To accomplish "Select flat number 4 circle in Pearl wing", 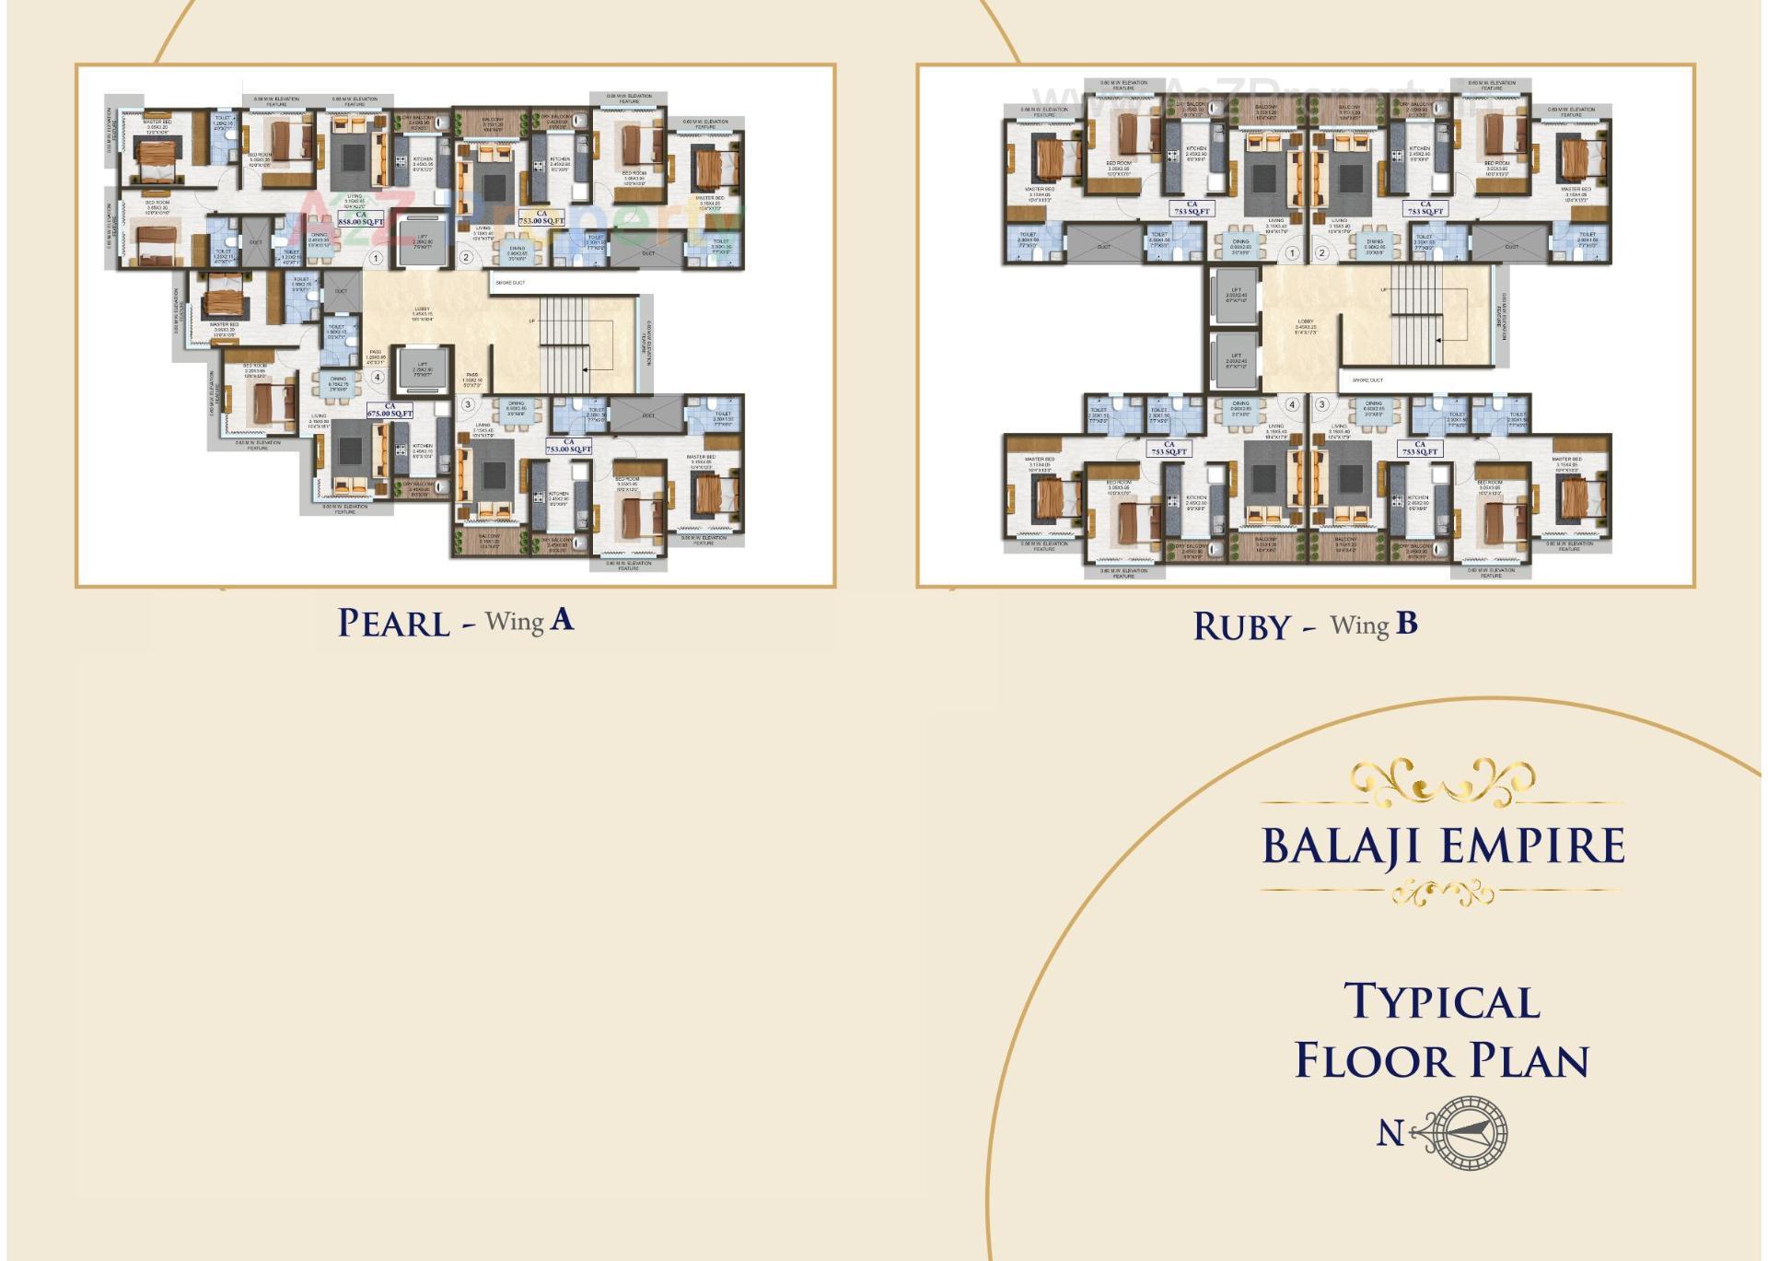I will pyautogui.click(x=377, y=377).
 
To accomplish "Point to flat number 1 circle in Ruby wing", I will pyautogui.click(x=1292, y=252).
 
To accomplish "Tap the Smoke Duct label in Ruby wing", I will pyautogui.click(x=1367, y=379).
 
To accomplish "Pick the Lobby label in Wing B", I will pyautogui.click(x=1305, y=323).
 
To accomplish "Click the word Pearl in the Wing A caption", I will pyautogui.click(x=393, y=624).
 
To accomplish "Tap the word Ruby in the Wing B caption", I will pyautogui.click(x=1241, y=627).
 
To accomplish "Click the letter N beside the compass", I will pyautogui.click(x=1390, y=1133).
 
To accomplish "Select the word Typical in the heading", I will pyautogui.click(x=1441, y=1002).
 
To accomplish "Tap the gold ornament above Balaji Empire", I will pyautogui.click(x=1442, y=782).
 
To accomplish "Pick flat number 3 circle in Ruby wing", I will pyautogui.click(x=1322, y=404).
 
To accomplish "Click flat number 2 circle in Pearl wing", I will pyautogui.click(x=466, y=257).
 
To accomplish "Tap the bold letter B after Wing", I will pyautogui.click(x=1406, y=624).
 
